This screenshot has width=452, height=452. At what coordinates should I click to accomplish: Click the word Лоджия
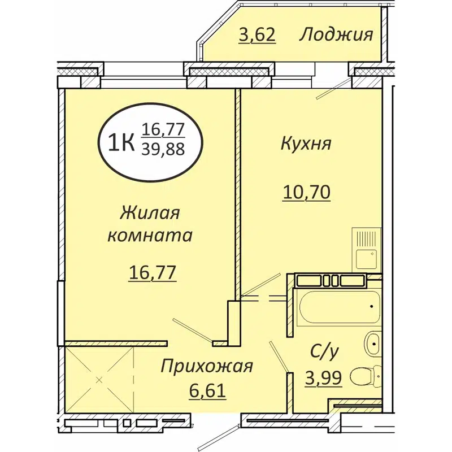point(336,34)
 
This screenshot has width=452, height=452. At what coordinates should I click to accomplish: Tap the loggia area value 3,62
point(257,35)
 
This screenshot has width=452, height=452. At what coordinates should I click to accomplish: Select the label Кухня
point(305,144)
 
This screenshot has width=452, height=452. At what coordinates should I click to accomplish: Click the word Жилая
point(150,213)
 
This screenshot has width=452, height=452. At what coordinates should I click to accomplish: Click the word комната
point(150,235)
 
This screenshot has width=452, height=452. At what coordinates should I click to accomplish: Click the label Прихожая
point(206,366)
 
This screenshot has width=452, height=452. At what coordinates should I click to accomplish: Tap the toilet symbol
point(365,375)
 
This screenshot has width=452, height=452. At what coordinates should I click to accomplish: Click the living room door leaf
point(193,330)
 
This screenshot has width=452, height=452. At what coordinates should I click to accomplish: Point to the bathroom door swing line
point(279,356)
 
